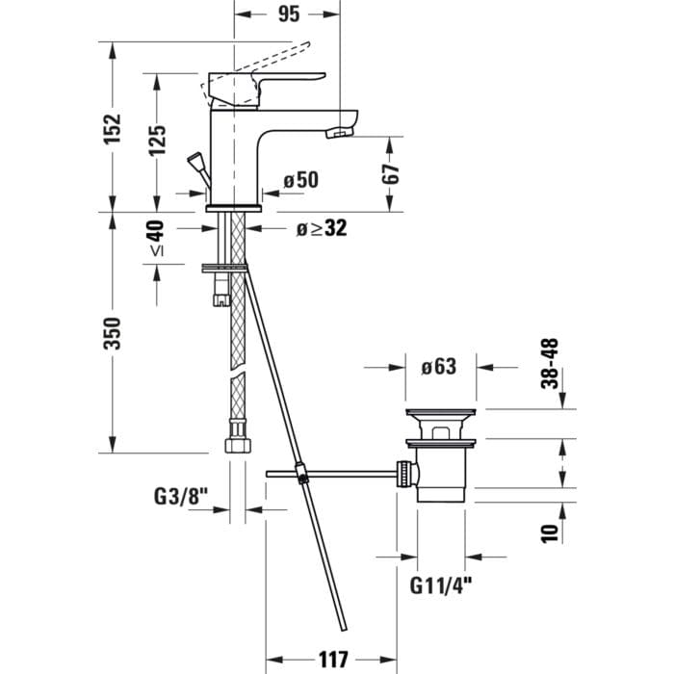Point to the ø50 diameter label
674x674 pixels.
(300, 179)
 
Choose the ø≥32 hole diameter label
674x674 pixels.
(321, 228)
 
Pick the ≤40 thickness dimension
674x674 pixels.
(156, 238)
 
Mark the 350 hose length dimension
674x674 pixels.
(114, 333)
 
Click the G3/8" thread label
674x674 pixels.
(181, 497)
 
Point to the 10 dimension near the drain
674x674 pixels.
(550, 532)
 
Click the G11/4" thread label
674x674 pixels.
(443, 584)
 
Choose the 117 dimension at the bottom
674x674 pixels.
(332, 661)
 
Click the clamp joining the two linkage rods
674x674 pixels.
(301, 473)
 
